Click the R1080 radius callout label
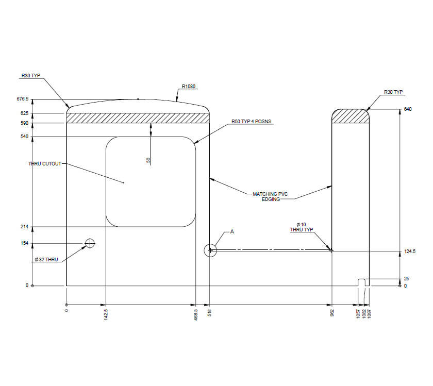pos(189,87)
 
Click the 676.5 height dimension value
pos(23,99)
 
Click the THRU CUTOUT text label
pos(45,164)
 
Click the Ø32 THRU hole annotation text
pos(46,260)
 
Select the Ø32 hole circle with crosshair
pos(90,243)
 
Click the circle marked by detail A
pos(210,250)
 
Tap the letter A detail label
pos(232,232)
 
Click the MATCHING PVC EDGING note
pos(269,196)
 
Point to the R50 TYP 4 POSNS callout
pos(251,122)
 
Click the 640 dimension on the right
pos(409,109)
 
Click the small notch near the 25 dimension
pos(362,282)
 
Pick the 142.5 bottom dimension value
pos(106,314)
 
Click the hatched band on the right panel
pos(351,118)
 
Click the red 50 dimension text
pos(148,160)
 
